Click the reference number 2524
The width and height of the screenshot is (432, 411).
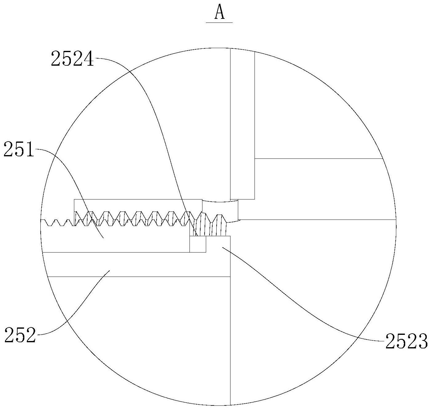tap(72, 59)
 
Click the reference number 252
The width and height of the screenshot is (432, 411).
tap(20, 335)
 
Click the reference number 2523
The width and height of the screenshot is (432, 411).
tap(406, 341)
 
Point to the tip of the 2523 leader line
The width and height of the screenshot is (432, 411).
tap(222, 247)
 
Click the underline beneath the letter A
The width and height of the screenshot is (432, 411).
tap(219, 23)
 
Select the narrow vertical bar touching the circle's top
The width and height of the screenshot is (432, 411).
tap(242, 123)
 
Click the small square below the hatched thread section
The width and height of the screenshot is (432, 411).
tap(198, 244)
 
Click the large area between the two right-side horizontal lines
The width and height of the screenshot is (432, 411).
tap(320, 189)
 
